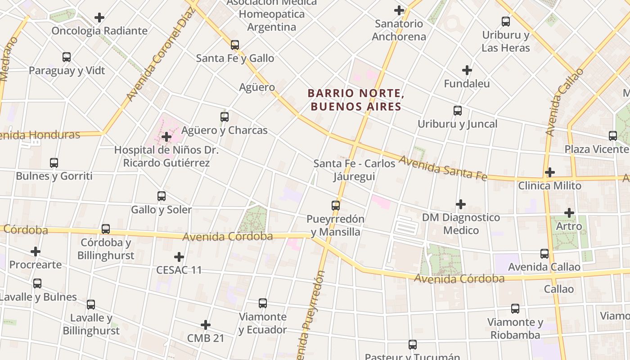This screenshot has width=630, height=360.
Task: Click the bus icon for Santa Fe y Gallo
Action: (x=235, y=45)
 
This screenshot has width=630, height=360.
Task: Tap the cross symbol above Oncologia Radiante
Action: (x=99, y=18)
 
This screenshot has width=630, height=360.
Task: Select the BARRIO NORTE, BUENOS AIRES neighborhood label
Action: (x=355, y=100)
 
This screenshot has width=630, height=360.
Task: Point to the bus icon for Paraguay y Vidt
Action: (x=67, y=57)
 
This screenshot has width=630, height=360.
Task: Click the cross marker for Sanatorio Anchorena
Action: (x=399, y=10)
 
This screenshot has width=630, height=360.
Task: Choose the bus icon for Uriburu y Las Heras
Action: (x=506, y=22)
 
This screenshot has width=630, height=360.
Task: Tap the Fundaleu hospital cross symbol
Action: (x=467, y=70)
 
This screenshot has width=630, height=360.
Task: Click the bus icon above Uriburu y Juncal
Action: (x=458, y=111)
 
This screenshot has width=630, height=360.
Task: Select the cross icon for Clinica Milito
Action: (x=549, y=172)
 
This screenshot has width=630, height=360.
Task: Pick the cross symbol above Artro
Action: (x=569, y=213)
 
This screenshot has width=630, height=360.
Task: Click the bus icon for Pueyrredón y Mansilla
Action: (x=336, y=206)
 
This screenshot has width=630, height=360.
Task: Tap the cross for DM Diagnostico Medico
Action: (x=461, y=204)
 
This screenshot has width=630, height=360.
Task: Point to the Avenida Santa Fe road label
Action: (x=443, y=168)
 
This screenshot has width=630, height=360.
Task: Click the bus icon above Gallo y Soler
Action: (x=162, y=196)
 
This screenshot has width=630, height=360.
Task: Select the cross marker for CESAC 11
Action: (x=179, y=257)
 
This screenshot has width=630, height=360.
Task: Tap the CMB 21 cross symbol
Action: (x=206, y=325)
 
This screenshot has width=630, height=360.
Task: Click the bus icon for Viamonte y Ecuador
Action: (x=263, y=303)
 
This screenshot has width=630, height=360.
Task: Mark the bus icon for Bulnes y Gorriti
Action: (x=54, y=163)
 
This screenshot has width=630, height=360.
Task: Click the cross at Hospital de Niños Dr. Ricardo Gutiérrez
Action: (x=166, y=136)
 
